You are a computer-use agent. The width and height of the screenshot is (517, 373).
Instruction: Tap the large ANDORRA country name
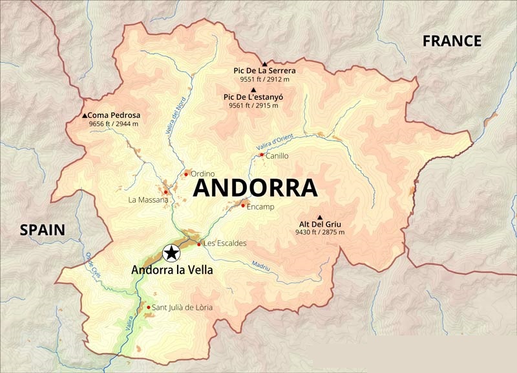tap(255, 188)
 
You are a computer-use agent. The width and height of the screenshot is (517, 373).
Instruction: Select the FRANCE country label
tap(452, 41)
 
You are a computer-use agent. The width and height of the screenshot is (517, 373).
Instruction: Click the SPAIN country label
tap(42, 229)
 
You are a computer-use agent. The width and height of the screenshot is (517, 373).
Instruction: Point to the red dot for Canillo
tap(261, 155)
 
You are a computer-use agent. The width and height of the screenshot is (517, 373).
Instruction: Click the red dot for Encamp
tap(243, 205)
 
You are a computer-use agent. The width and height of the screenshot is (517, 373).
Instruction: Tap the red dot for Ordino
tap(186, 174)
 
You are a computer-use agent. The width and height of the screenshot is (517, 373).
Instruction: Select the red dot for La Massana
tap(166, 192)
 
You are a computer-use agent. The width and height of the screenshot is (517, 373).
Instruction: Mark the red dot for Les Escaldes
tap(198, 244)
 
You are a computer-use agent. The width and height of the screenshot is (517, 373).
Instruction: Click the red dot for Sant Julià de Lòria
tap(149, 308)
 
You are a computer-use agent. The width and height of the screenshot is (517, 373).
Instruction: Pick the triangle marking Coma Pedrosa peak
tap(85, 116)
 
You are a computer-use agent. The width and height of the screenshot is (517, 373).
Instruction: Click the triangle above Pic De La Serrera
tap(264, 63)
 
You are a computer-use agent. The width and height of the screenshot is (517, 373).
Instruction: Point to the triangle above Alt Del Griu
tap(320, 217)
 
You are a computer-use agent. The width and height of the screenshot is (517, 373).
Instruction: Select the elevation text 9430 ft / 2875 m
tap(320, 232)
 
